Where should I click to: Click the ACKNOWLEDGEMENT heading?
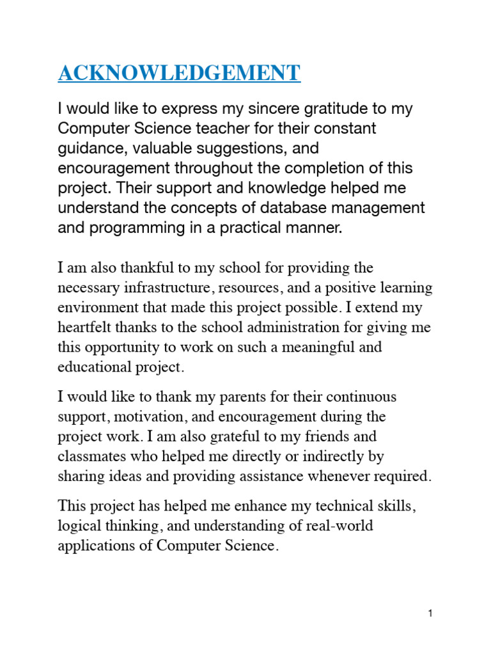(x=179, y=73)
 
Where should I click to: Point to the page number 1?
(x=431, y=613)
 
